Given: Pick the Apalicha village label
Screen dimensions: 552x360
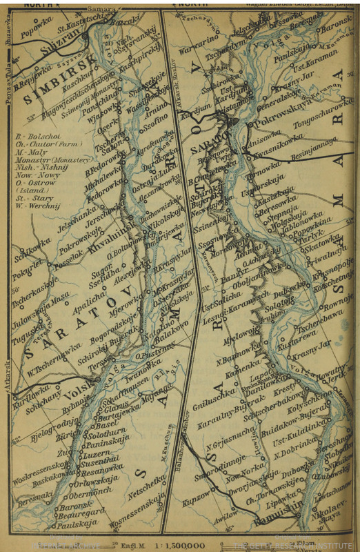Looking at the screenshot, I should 92,299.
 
